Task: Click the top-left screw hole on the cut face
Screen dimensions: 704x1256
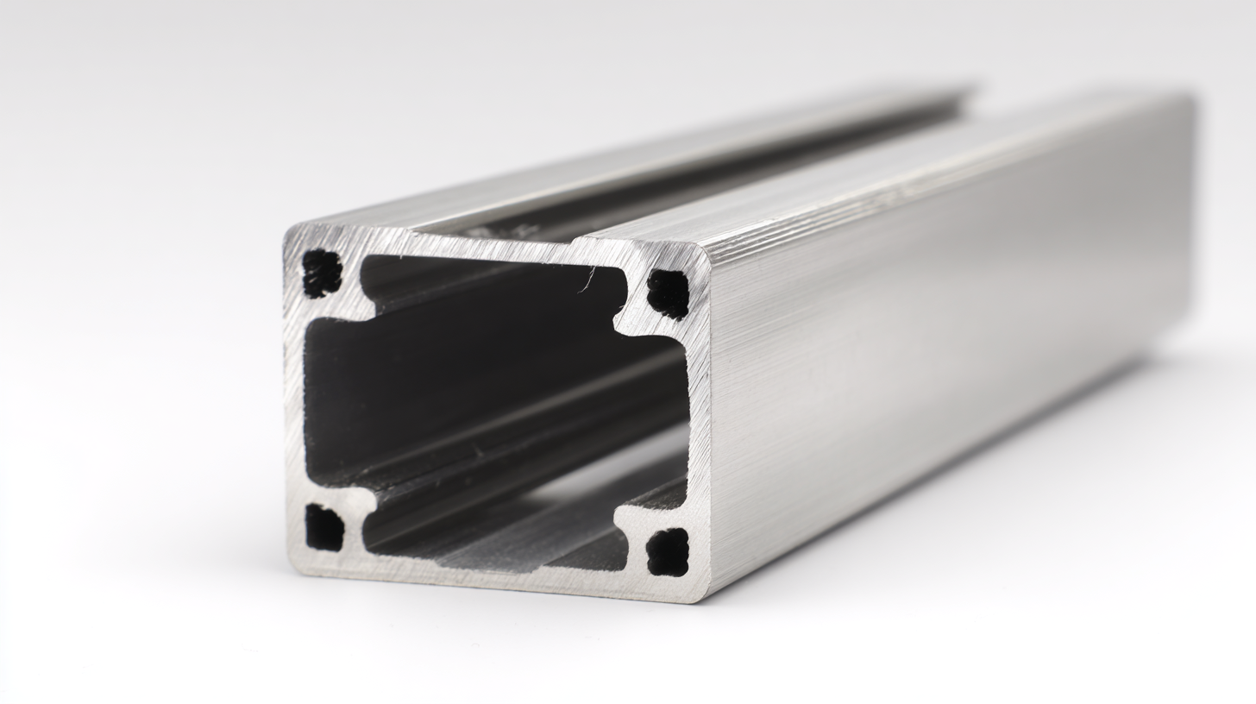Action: pos(322,273)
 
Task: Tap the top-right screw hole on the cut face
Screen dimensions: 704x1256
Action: pos(668,294)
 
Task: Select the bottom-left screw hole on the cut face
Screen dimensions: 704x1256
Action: pos(324,528)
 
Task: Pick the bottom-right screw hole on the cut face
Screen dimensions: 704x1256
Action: pos(668,552)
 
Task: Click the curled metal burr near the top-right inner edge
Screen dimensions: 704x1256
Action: pos(589,278)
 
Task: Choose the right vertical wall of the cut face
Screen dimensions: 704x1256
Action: pos(699,423)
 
